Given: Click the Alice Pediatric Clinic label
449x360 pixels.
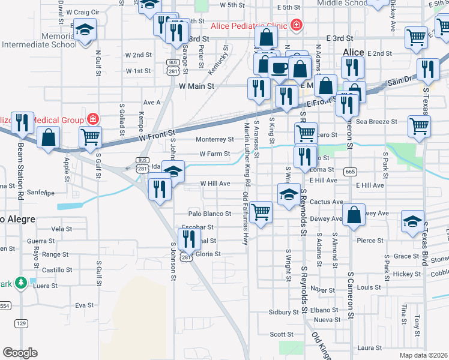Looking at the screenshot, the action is [249, 26].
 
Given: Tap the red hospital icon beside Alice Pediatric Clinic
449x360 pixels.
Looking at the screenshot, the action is [296, 25].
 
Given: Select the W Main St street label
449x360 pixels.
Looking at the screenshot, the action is [197, 86].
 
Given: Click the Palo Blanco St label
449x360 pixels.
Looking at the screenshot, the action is [209, 214].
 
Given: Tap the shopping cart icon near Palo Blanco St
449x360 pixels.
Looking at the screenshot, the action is [261, 212].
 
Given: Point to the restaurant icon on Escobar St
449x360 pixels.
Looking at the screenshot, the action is [190, 238].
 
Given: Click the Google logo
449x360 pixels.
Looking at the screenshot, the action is [20, 353].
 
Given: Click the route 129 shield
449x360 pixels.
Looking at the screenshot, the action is [21, 324].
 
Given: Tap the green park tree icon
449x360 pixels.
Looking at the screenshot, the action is [21, 282].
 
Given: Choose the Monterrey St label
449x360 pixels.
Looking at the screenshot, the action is [215, 139].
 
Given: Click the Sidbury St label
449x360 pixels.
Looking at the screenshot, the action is [284, 313].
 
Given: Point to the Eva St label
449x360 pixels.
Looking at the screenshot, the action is [82, 305].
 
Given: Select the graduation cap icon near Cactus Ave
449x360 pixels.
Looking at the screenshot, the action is [289, 194].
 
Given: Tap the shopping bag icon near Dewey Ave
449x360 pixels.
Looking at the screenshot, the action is [355, 214].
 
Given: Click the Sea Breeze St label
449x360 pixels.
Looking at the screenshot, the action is [377, 121].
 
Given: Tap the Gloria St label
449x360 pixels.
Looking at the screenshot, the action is [208, 254].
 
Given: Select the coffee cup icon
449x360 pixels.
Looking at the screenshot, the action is [279, 67].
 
